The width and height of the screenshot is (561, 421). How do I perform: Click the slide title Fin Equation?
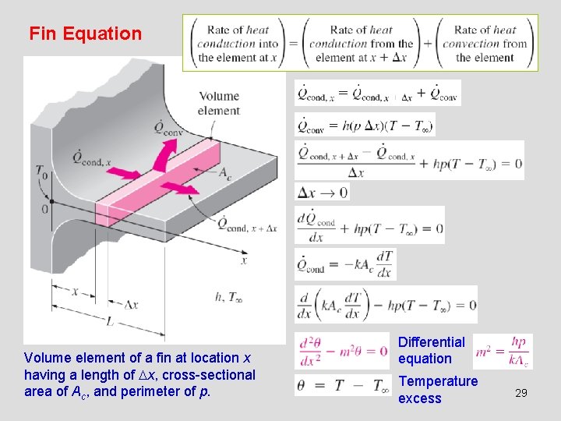85,34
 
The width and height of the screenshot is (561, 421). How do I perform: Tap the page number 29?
521,394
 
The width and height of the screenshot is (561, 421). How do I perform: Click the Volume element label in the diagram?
219,103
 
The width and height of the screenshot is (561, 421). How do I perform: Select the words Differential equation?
431,350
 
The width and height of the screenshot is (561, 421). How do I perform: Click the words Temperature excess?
438,390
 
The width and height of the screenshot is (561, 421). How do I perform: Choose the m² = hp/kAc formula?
503,351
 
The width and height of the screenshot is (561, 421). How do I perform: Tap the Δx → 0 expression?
321,192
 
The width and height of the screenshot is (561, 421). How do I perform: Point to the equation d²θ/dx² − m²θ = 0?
343,351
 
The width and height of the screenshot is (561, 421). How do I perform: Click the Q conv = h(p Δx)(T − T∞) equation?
365,126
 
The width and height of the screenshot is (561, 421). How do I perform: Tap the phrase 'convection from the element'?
485,44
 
